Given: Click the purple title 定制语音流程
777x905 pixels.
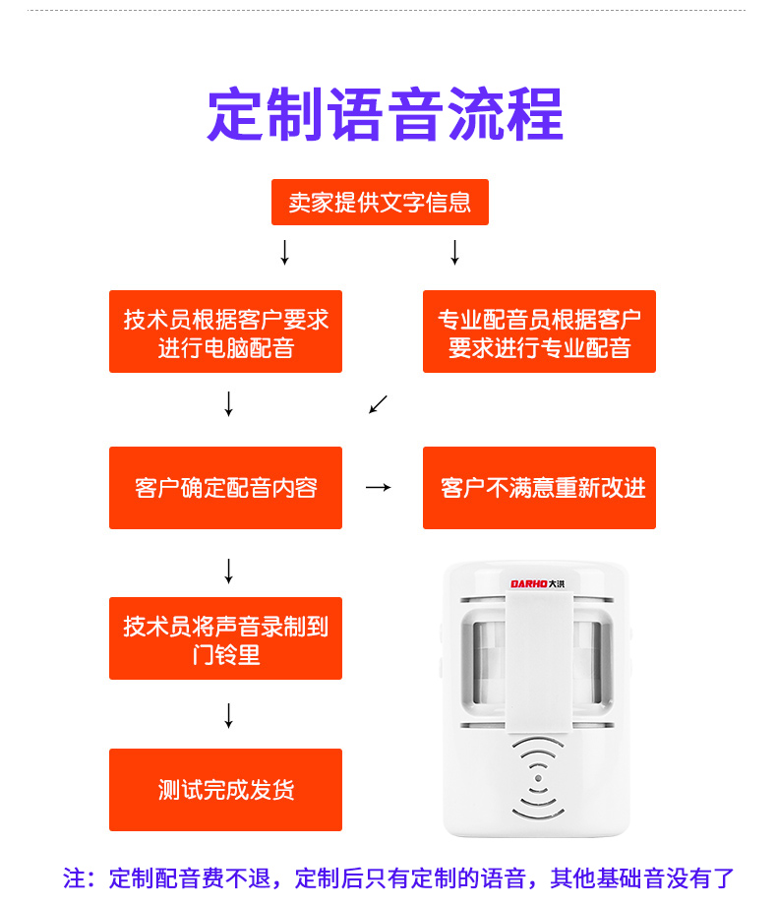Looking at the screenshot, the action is pos(385,116).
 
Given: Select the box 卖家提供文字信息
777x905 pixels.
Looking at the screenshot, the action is pos(380,203).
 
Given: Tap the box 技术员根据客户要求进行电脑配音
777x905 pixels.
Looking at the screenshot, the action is pos(225,332).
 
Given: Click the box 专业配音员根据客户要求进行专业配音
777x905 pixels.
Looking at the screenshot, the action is pos(539,332).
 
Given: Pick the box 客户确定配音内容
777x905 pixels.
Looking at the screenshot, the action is pos(225,488).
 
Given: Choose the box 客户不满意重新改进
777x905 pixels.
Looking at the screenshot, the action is pos(539,488).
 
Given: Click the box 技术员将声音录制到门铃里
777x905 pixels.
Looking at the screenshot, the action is pos(225,638).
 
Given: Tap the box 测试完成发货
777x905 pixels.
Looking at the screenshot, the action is pos(225,790).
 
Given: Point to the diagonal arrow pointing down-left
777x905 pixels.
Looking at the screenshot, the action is pos(379,404).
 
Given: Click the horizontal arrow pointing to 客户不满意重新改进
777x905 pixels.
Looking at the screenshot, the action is pos(379,487).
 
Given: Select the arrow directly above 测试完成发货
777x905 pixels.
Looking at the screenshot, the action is pos(228,715).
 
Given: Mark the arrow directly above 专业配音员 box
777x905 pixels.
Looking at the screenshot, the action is pos(454,252).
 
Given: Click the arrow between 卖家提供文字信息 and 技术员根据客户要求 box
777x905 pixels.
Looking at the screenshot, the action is pos(284,252).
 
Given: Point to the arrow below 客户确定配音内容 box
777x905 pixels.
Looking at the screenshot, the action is pos(228,571).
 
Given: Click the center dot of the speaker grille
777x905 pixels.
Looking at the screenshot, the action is pos(537,779).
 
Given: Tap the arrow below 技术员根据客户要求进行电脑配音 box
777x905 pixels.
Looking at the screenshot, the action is pos(228,403).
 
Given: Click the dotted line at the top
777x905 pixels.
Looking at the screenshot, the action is pos(388,11).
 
